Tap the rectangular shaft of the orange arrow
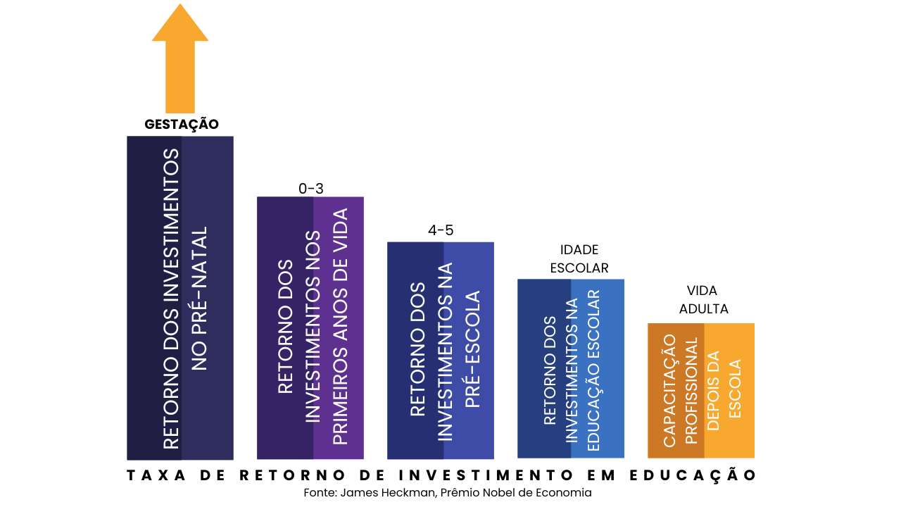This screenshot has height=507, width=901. (x=180, y=77)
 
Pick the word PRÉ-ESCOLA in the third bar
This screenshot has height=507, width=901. (x=472, y=349)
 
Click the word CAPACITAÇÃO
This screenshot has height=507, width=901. (x=669, y=390)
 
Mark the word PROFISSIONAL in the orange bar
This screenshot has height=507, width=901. (x=691, y=390)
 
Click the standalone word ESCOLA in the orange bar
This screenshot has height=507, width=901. (x=735, y=389)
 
